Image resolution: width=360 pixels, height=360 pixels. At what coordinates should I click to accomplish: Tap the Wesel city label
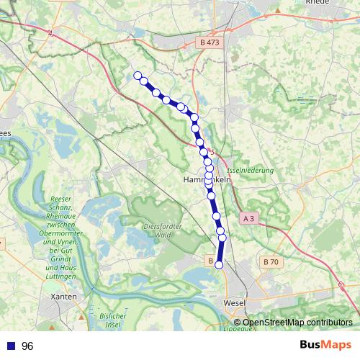pyautogui.click(x=235, y=303)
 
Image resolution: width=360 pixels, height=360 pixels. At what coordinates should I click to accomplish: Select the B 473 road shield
pyautogui.click(x=209, y=43)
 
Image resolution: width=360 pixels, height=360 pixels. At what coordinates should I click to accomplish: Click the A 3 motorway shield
pyautogui.click(x=249, y=217)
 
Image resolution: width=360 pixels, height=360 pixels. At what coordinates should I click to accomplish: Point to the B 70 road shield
pyautogui.click(x=271, y=262)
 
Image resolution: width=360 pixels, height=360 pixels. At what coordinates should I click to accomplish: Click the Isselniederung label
pyautogui.click(x=251, y=171)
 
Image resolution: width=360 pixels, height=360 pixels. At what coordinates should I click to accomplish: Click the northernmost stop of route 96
pyautogui.click(x=138, y=75)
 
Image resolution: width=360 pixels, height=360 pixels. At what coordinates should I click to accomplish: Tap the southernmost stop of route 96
pyautogui.click(x=220, y=265)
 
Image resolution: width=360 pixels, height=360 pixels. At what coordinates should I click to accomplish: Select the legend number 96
pyautogui.click(x=27, y=346)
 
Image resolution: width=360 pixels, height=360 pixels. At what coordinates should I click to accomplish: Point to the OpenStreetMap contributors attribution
pyautogui.click(x=297, y=323)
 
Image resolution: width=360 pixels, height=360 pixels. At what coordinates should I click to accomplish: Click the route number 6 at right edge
pyautogui.click(x=339, y=284)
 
